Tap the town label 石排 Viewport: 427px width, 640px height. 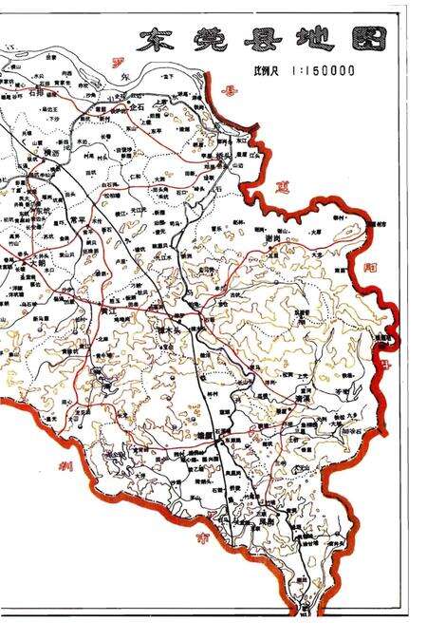(38, 94)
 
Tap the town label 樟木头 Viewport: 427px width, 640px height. (174, 329)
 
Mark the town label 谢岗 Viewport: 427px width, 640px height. (269, 239)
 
